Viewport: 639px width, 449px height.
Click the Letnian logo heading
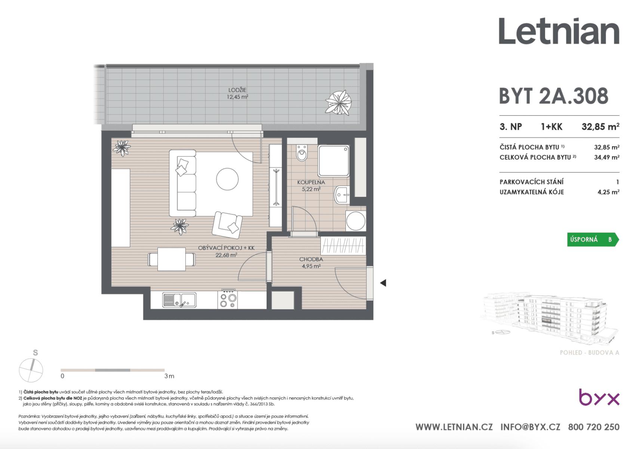tap(559, 31)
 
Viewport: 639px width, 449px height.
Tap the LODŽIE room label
tap(237, 90)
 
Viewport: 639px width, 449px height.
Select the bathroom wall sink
tap(342, 195)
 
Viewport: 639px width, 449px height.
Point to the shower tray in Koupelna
tap(334, 161)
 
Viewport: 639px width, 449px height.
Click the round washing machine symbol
tap(356, 221)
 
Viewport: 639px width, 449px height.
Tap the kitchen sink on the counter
tap(179, 300)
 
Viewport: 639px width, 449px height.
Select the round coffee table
tap(227, 179)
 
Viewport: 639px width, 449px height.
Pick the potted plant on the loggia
tap(338, 102)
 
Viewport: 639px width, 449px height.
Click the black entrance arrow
tap(383, 283)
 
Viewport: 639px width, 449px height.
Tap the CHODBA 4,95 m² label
tap(311, 263)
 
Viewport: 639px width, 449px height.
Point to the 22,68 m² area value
tap(226, 255)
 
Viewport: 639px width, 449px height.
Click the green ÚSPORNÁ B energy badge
tap(592, 239)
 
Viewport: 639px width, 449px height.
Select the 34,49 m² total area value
tap(606, 158)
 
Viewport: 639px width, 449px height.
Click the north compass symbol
tap(31, 370)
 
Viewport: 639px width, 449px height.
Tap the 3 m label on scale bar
tap(169, 376)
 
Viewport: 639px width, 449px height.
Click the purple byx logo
tap(599, 397)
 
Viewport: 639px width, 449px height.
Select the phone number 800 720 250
tap(593, 427)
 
